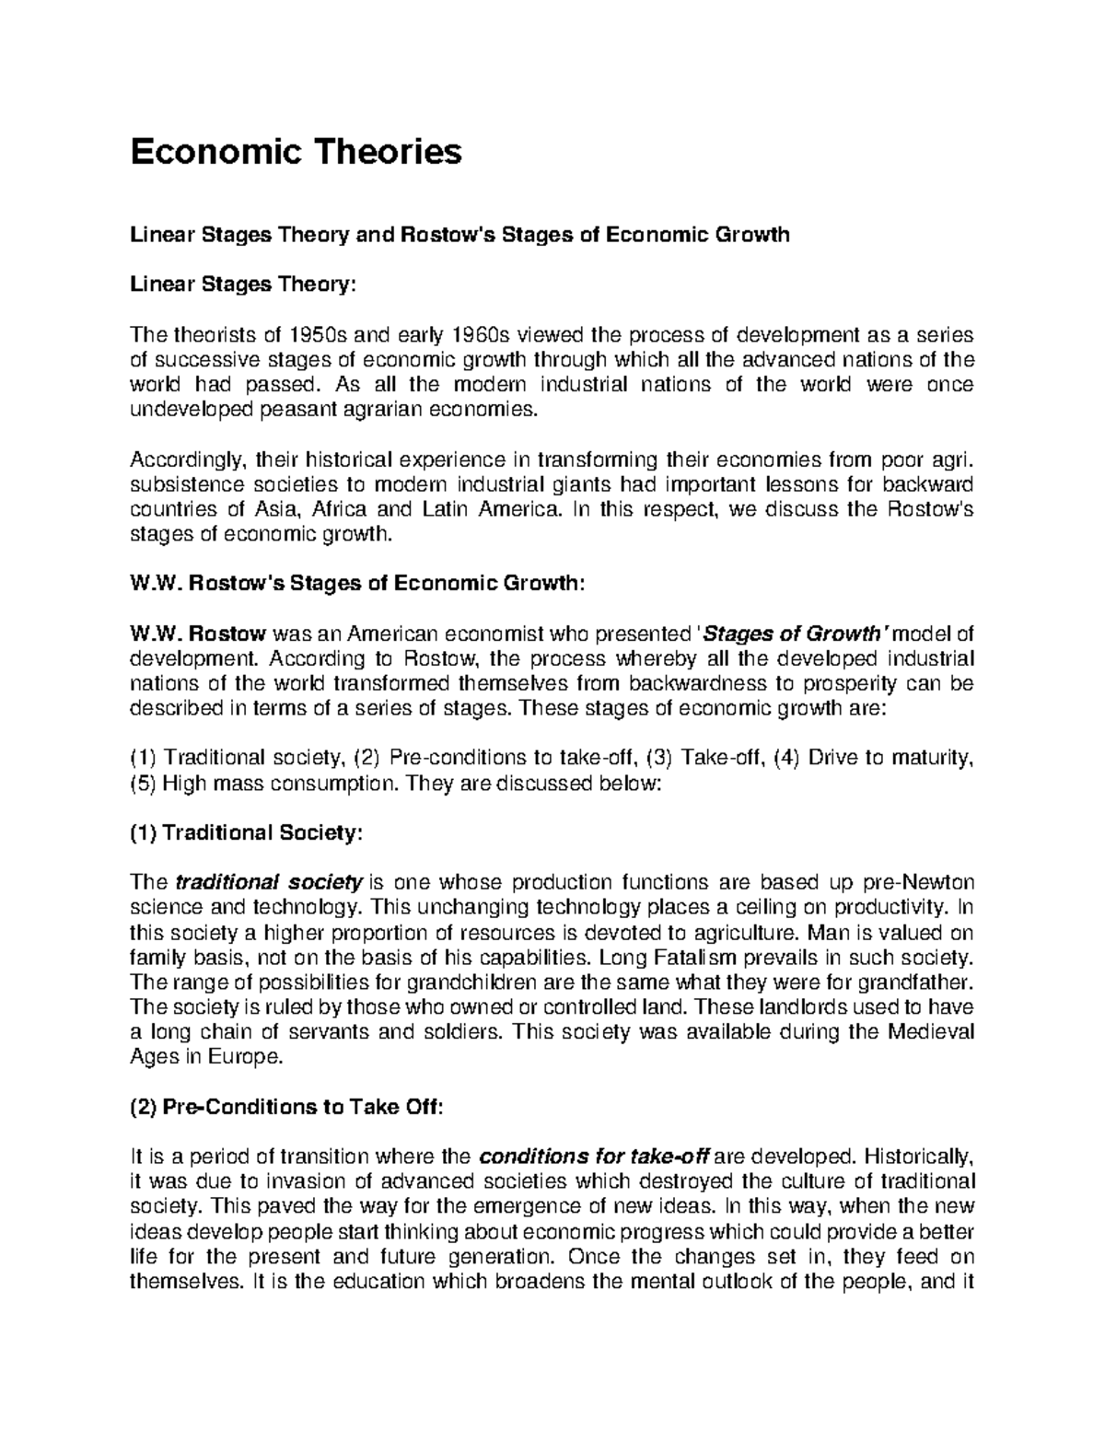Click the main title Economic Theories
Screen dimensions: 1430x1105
point(296,151)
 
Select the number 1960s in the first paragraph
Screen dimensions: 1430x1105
point(484,334)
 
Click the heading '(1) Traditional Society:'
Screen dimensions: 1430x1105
point(248,833)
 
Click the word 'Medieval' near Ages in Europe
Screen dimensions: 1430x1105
point(930,1031)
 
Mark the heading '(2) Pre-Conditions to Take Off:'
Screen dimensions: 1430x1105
point(287,1108)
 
